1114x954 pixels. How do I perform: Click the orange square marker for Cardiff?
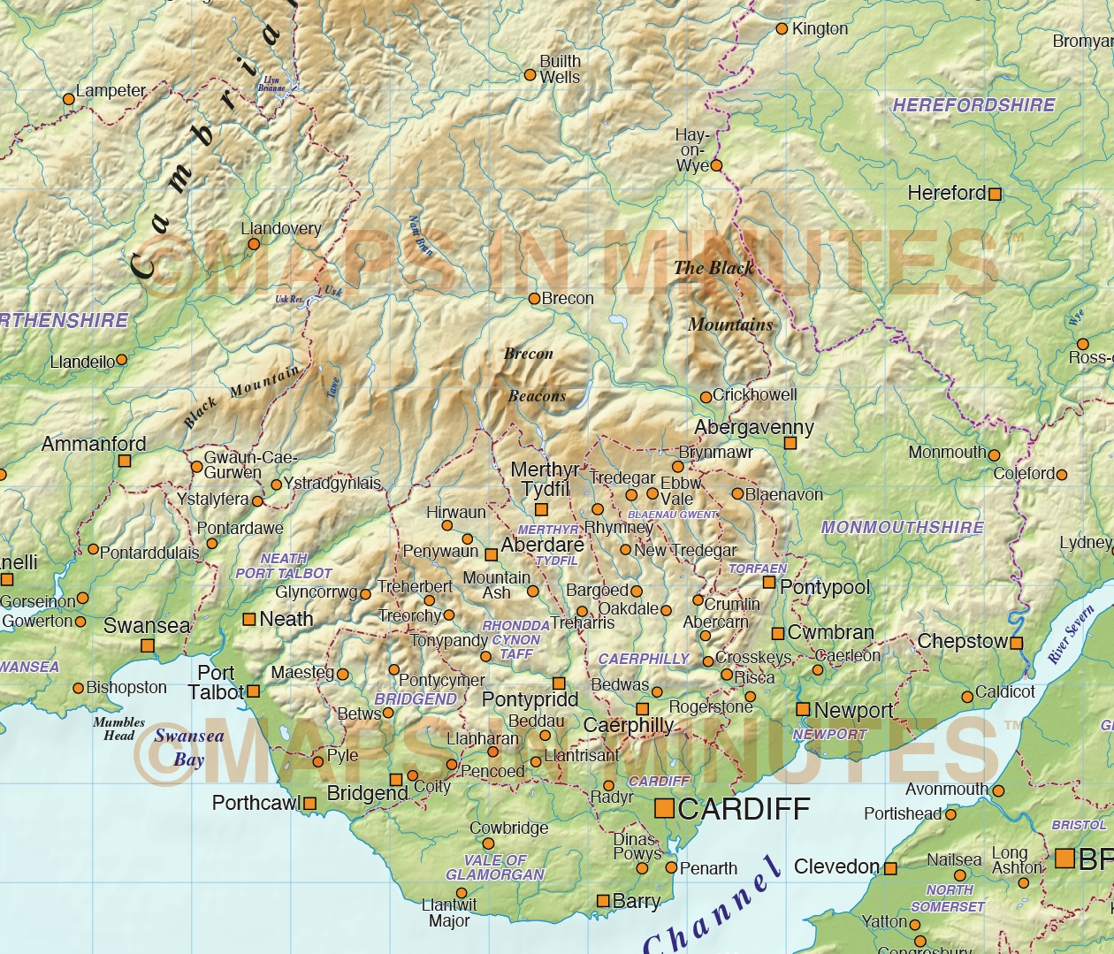coord(663,808)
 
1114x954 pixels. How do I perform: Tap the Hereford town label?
coord(946,193)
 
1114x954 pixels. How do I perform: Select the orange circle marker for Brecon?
coord(534,299)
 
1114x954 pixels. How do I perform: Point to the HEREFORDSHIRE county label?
coord(973,105)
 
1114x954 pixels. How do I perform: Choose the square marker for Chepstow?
coord(1017,643)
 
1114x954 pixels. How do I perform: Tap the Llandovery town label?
coord(281,228)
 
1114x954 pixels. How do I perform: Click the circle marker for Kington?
coord(782,29)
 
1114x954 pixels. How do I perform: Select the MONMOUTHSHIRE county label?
coord(902,528)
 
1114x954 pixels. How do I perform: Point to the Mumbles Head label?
coord(119,729)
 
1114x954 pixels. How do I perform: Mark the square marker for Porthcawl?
coord(309,804)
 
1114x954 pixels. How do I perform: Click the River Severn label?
coord(1071,634)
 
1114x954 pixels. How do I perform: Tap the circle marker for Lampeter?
coord(69,99)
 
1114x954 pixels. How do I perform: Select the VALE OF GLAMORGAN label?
coord(495,867)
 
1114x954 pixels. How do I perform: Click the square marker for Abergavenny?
coord(790,443)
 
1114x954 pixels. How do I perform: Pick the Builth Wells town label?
coord(560,69)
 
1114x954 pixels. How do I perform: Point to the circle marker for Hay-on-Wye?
coord(716,165)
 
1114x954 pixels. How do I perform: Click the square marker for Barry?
coord(603,901)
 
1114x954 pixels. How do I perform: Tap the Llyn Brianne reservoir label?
coord(271,84)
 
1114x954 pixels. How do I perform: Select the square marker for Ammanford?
coord(125,461)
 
